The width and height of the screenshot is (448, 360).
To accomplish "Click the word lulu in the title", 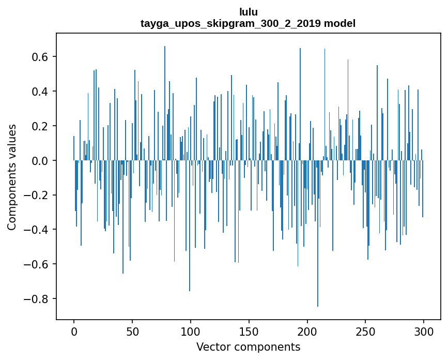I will pos(248,12).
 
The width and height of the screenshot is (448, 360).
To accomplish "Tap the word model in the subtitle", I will pos(339,23).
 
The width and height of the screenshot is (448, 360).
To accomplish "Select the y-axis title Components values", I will pos(12,176).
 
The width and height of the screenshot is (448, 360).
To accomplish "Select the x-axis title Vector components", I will pos(248,347).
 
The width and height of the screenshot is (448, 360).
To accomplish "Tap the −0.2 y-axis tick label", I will pos(38,196).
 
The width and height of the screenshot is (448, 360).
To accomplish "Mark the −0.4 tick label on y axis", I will pos(38,230).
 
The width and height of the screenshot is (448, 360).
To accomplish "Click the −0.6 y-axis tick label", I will pos(38,265).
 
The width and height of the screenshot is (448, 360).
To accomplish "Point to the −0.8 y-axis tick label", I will pos(38,299).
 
